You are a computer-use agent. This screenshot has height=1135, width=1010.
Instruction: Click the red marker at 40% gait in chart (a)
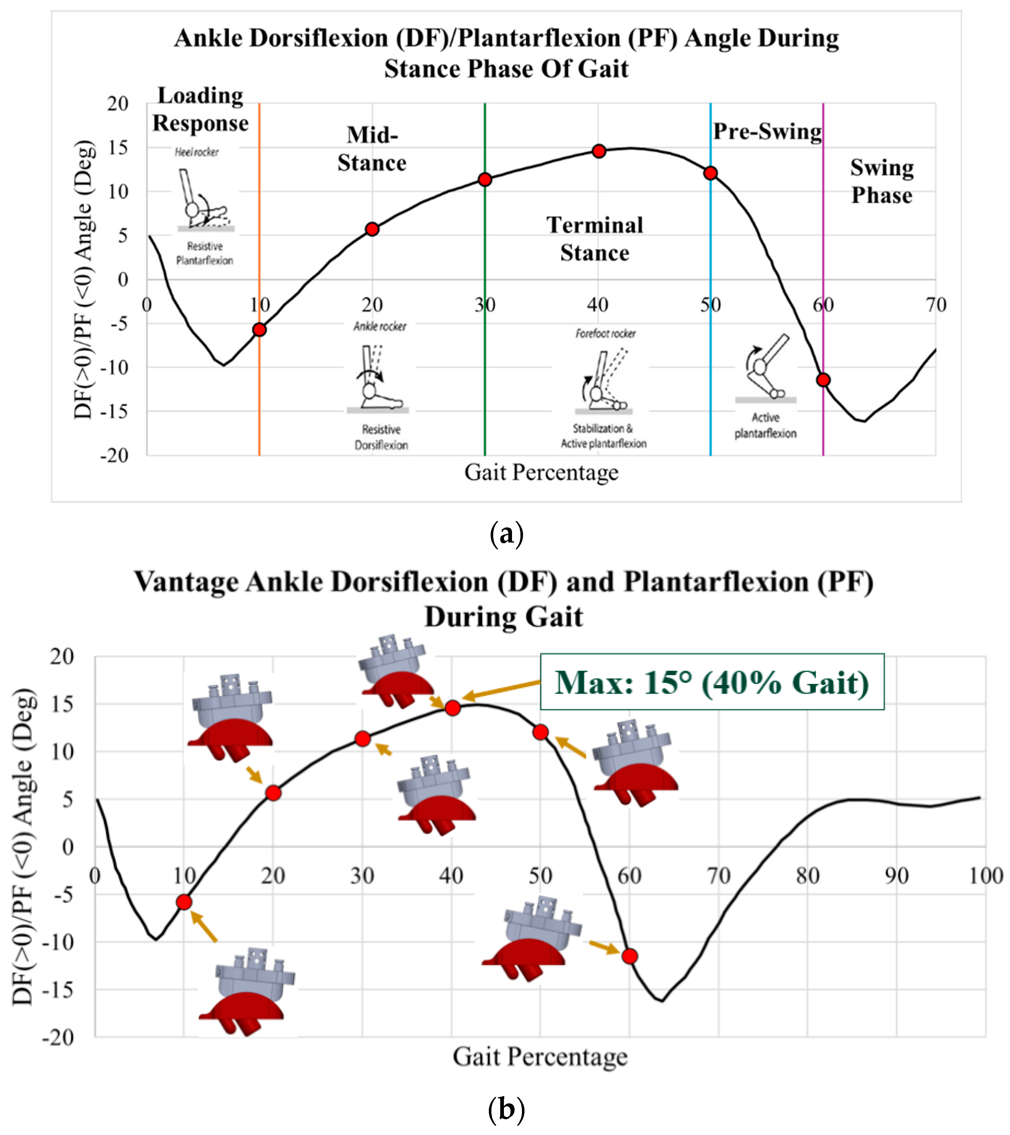598,151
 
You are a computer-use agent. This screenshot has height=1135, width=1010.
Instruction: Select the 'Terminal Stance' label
595,239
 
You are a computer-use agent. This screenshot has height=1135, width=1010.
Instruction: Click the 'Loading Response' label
200,110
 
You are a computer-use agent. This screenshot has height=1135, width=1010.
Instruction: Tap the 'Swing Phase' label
882,182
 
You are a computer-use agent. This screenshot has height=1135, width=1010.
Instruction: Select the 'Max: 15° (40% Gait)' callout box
712,683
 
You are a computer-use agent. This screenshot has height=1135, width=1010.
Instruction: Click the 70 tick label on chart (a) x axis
936,305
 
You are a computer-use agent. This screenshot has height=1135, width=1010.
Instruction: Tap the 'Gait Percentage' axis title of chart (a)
541,473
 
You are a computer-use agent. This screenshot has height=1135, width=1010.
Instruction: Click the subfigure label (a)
506,534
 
